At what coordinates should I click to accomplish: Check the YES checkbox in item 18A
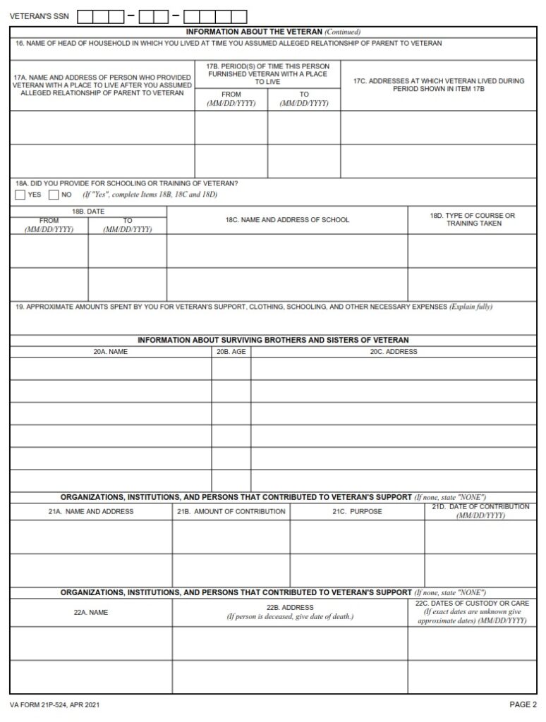click(20, 195)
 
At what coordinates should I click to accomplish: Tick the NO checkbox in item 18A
click(54, 195)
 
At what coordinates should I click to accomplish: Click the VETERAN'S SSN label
click(40, 16)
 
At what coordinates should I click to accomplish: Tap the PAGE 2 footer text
click(523, 704)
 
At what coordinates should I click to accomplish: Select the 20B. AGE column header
click(231, 351)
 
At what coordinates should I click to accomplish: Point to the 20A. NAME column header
click(110, 351)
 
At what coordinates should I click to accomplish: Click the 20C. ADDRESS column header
click(394, 351)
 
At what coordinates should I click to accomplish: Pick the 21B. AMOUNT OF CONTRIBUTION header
click(231, 511)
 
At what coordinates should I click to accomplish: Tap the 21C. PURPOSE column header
click(357, 511)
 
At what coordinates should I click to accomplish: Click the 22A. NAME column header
click(91, 612)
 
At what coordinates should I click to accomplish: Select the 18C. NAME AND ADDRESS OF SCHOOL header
click(287, 220)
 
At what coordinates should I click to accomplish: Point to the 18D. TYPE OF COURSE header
click(473, 219)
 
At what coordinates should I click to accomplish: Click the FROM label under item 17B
click(231, 94)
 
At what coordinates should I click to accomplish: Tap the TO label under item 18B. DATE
click(128, 221)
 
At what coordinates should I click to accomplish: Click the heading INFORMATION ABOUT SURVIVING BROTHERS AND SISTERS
click(273, 340)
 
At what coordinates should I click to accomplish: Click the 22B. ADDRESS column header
click(290, 607)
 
